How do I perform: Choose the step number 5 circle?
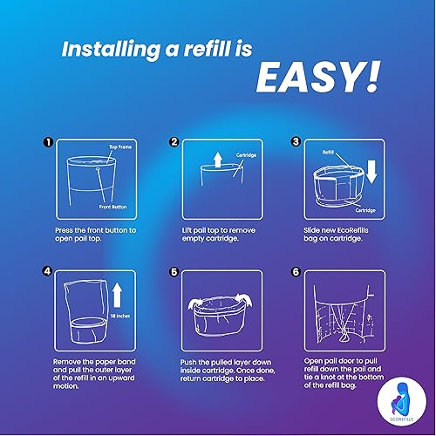[174, 271]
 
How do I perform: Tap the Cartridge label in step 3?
[366, 209]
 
